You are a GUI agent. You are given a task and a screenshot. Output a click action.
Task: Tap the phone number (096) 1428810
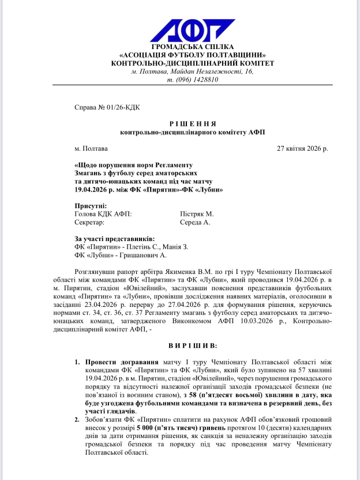click(198, 80)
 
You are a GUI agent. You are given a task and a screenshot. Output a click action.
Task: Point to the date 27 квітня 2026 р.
click(302, 148)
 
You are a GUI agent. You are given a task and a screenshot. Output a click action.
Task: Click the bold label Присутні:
click(91, 206)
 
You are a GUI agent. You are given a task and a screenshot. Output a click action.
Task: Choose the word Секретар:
click(89, 222)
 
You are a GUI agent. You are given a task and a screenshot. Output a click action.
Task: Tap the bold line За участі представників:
click(114, 238)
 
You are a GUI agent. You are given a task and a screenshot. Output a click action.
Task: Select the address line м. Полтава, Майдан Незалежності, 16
click(192, 72)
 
